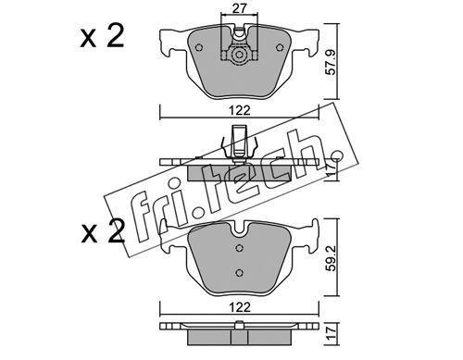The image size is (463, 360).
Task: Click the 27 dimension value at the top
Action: [240, 8]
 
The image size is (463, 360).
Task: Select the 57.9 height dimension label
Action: [332, 63]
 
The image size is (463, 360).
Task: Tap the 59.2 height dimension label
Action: [332, 258]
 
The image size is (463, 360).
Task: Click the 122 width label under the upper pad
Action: [240, 110]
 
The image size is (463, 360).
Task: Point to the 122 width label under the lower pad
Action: [240, 307]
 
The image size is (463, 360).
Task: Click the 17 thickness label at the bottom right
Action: [332, 333]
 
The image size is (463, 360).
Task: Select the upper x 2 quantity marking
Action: [102, 36]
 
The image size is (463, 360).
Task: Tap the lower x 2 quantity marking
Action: [103, 231]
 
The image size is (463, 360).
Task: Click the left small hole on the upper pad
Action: [199, 48]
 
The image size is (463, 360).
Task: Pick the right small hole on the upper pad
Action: [280, 47]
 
